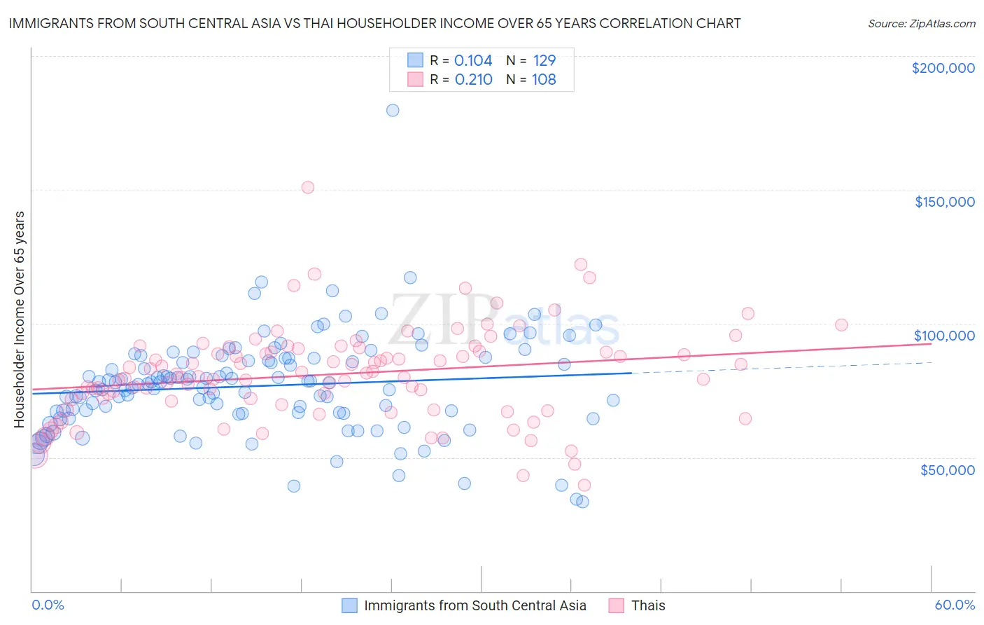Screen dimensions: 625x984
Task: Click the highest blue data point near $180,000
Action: [x=393, y=110]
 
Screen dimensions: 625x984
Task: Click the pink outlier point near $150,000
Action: [x=307, y=187]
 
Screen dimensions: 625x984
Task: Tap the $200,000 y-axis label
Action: [x=943, y=68]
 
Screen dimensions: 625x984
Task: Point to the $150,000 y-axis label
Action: [x=944, y=202]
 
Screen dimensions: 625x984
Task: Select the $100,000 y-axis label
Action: [x=944, y=336]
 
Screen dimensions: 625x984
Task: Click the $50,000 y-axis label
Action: [x=947, y=469]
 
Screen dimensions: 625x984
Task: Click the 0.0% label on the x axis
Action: [x=48, y=605]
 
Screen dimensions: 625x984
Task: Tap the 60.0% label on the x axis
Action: [x=954, y=605]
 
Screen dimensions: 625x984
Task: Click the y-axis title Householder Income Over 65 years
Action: [x=20, y=319]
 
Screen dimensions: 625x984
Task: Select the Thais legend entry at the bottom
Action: [x=647, y=605]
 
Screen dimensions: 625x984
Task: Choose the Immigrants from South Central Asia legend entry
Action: [x=475, y=605]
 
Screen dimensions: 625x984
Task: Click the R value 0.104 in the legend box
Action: [x=473, y=60]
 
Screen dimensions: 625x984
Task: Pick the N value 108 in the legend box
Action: [x=544, y=79]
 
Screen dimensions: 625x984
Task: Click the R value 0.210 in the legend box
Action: [x=473, y=79]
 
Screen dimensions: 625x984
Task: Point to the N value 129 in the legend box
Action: [x=544, y=60]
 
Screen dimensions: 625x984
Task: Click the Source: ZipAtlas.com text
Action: [x=921, y=23]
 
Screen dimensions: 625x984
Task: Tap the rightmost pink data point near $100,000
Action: [x=841, y=324]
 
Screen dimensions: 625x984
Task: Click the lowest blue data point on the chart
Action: [x=582, y=502]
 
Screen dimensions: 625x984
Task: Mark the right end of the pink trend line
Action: [x=932, y=343]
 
